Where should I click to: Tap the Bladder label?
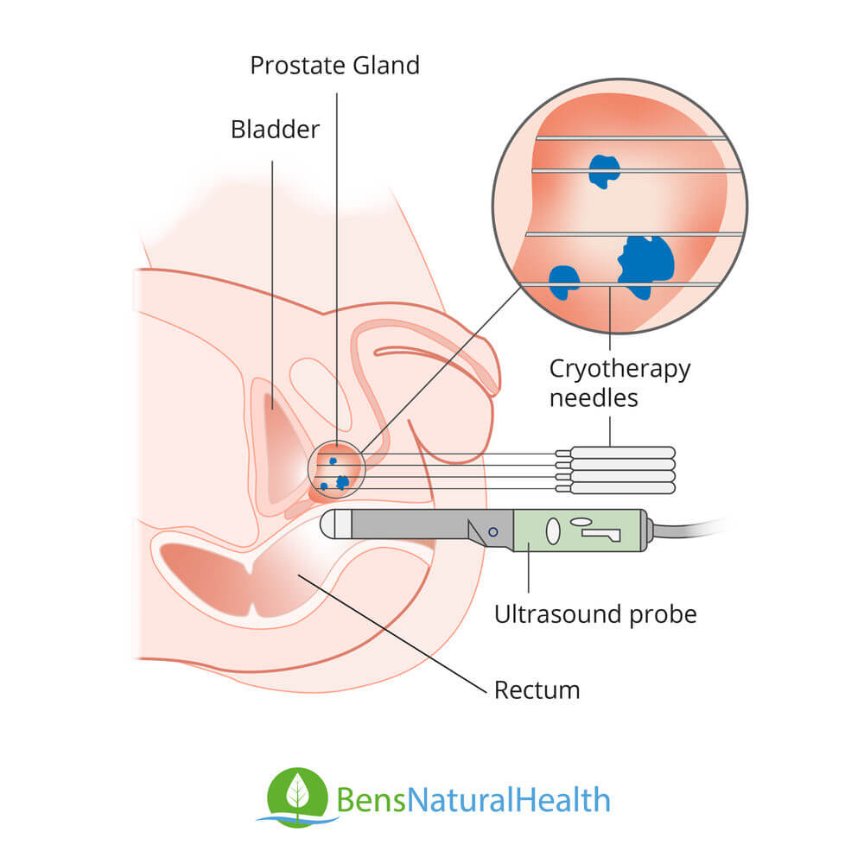[275, 130]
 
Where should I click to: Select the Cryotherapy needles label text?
[619, 383]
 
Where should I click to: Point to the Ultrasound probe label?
[594, 614]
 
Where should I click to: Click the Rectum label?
[537, 690]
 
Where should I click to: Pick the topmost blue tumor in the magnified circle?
[604, 169]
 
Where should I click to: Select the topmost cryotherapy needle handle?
[622, 452]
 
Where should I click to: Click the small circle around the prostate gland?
[337, 470]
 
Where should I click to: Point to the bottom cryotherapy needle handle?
[622, 488]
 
